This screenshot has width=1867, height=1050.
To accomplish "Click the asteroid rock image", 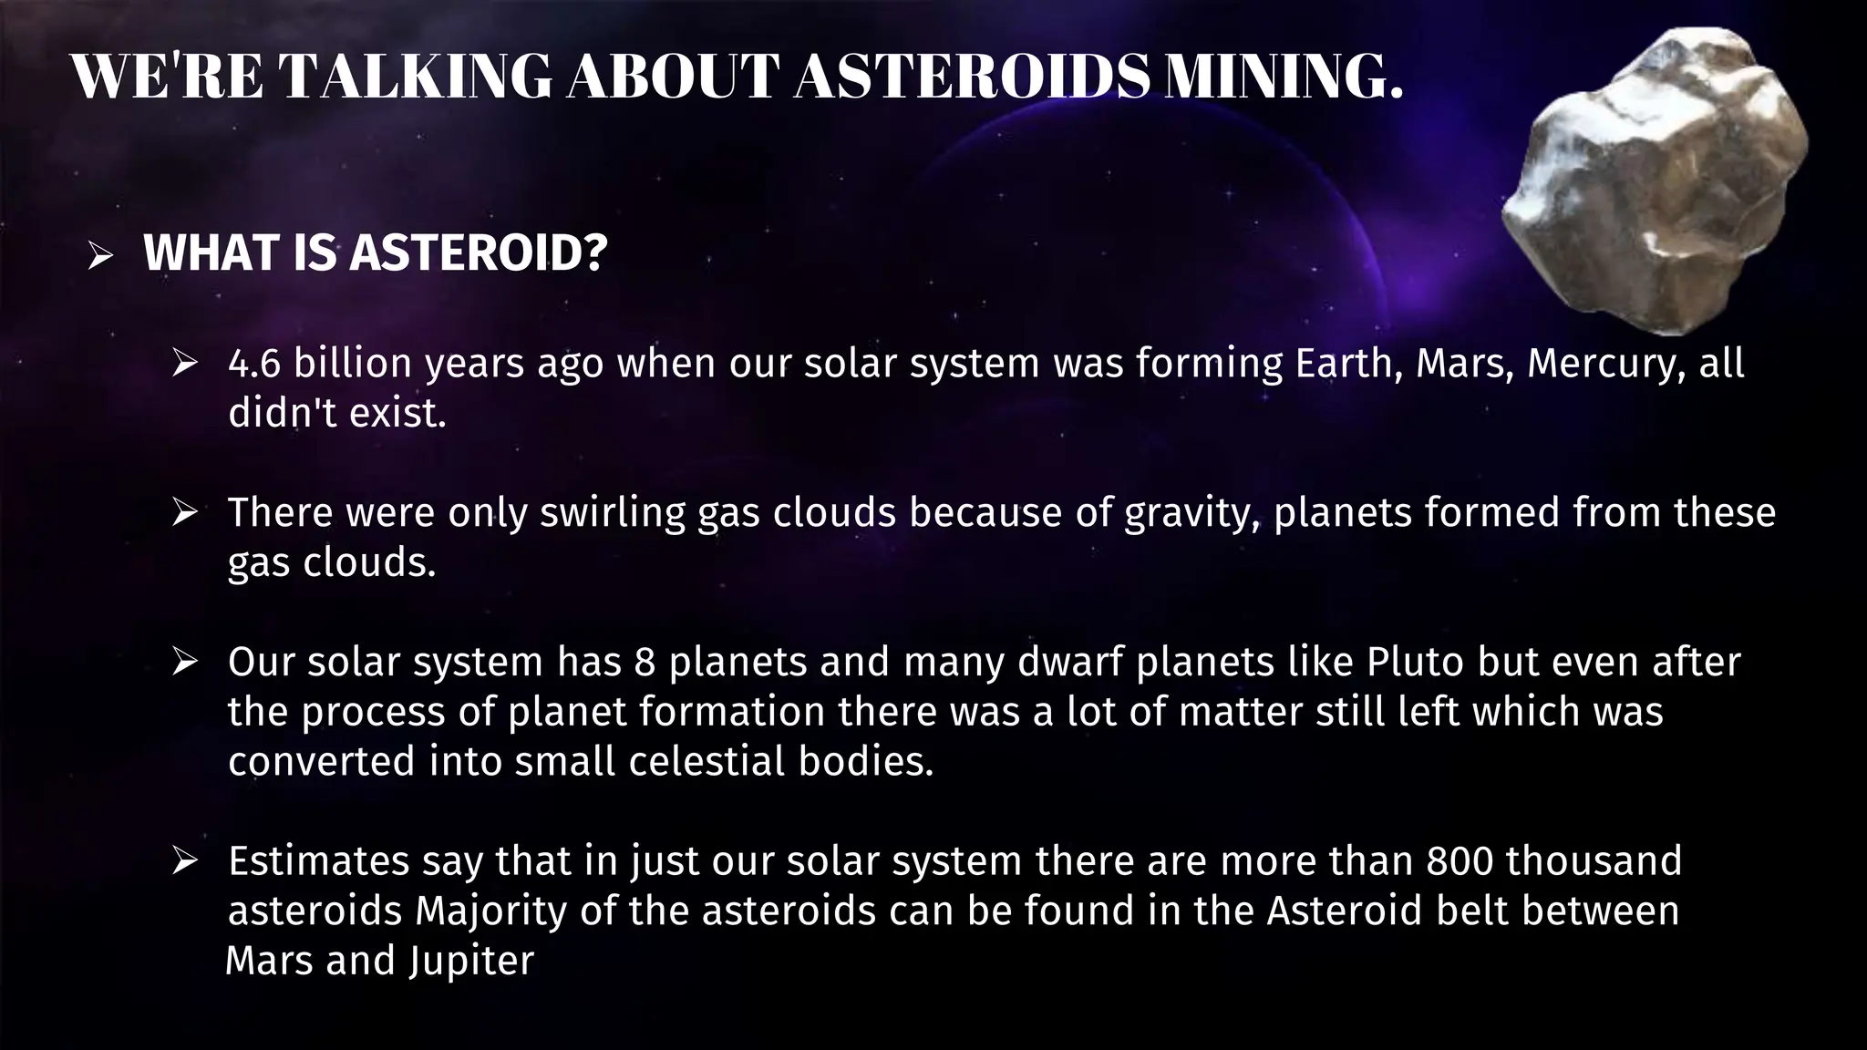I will click(1655, 182).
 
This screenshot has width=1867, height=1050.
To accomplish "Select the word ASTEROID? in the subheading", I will click(479, 252).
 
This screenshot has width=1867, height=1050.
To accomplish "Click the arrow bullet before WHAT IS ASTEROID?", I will click(100, 256).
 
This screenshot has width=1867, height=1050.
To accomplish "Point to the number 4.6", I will click(255, 364).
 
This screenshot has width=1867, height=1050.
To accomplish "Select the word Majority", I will click(491, 911).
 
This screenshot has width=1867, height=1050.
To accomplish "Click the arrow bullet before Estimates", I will click(185, 861).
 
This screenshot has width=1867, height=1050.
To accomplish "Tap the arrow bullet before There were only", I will click(185, 513).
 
